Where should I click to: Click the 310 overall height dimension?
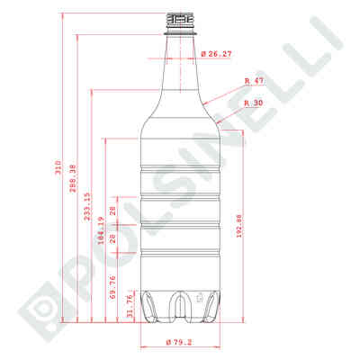point(58,167)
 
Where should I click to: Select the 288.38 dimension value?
point(74,178)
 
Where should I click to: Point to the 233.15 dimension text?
point(87,207)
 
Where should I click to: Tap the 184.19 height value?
point(101,230)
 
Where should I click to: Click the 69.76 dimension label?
point(112,287)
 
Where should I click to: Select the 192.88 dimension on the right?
point(238,226)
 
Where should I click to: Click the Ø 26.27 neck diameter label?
point(216,54)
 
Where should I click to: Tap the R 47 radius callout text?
point(254,81)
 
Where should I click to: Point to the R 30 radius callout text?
point(254,103)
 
